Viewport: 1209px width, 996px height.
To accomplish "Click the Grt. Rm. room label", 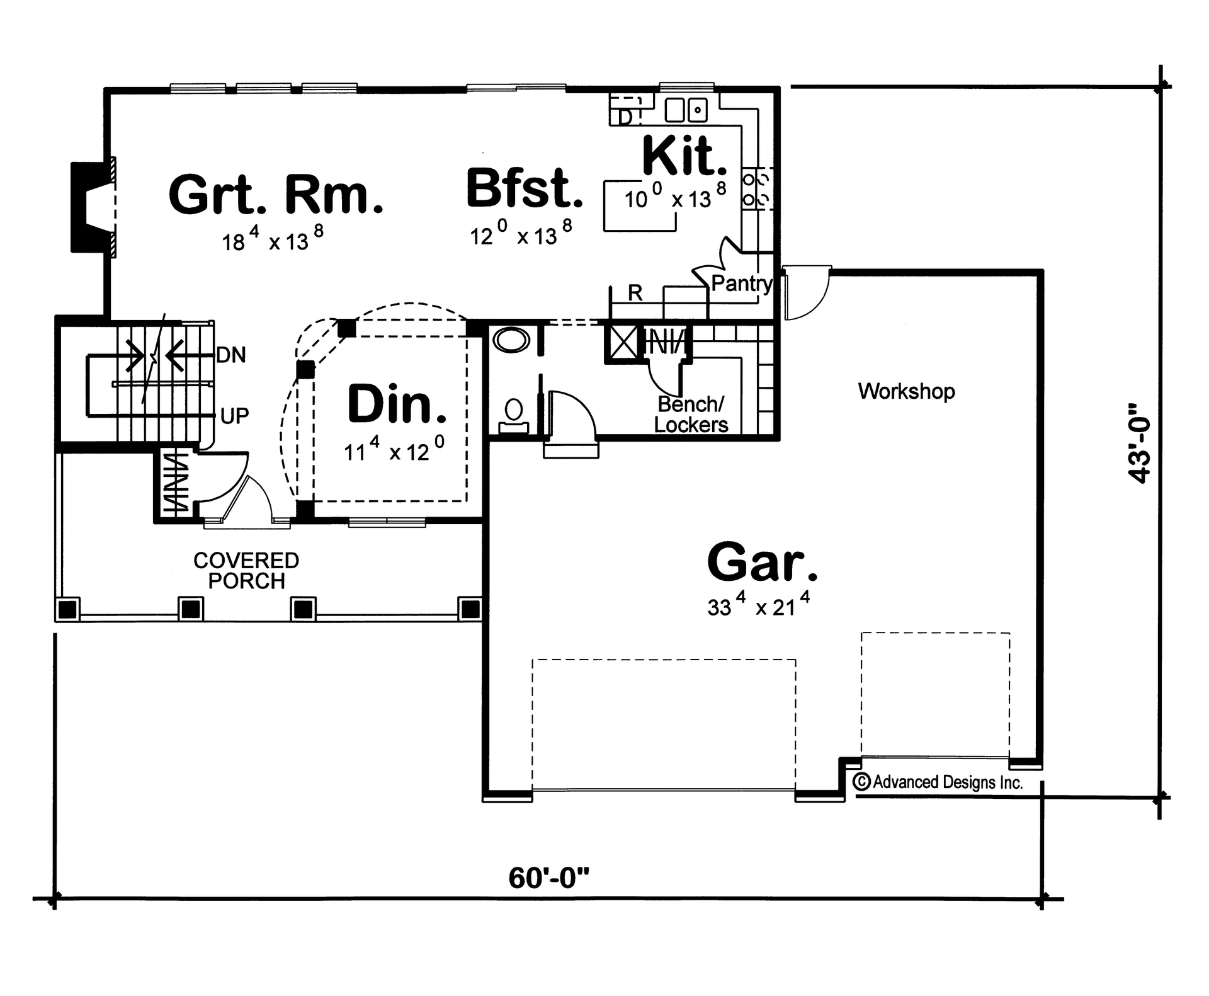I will click(276, 195).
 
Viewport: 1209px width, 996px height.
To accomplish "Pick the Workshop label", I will click(906, 391).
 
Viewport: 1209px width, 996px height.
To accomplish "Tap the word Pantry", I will click(741, 283).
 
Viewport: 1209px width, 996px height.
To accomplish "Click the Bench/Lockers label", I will click(691, 415).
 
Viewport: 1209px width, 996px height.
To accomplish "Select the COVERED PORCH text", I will click(246, 570).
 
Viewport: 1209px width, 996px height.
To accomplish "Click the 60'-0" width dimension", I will click(549, 878).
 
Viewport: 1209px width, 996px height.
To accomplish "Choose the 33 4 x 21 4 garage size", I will click(758, 606).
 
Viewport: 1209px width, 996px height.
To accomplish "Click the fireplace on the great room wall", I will click(91, 207).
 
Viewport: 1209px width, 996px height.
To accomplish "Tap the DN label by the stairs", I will click(231, 355).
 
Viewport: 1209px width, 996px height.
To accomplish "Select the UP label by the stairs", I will click(234, 416).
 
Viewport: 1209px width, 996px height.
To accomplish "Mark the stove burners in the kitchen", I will click(756, 189).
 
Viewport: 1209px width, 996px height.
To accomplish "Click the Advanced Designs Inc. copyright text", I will click(938, 782).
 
